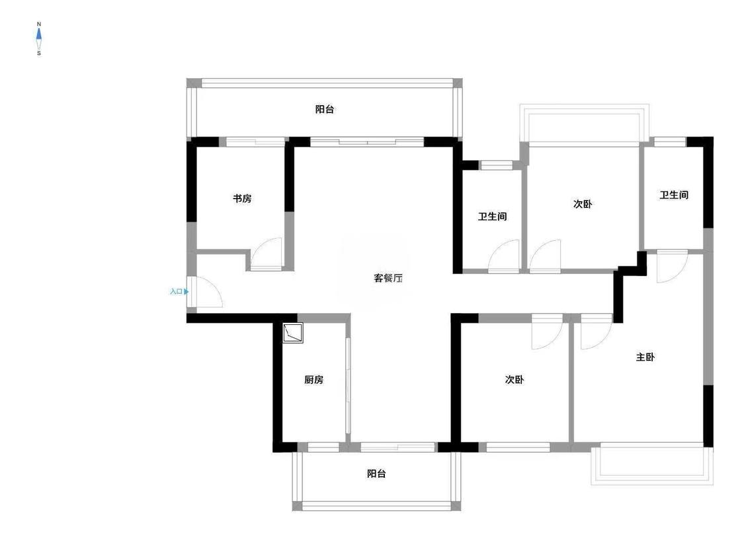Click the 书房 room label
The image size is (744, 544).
tap(242, 199)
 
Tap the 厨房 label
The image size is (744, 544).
tap(313, 380)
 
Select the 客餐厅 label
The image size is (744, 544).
tap(388, 278)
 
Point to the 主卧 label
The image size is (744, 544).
tap(645, 357)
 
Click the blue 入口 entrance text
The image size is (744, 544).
tap(176, 291)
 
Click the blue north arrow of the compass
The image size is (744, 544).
tap(39, 34)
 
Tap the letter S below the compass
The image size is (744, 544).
tap(39, 53)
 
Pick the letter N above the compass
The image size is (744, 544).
tap(39, 24)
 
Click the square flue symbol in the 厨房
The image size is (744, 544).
tap(293, 333)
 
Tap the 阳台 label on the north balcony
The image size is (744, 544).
tap(325, 109)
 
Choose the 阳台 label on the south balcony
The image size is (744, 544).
tap(376, 473)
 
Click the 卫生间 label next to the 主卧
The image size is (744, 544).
tap(674, 195)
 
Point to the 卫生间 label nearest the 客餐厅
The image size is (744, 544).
tap(492, 216)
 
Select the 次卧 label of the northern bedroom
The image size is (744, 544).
tap(583, 204)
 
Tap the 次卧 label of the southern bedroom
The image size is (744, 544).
tap(515, 380)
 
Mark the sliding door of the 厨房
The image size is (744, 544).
tap(348, 385)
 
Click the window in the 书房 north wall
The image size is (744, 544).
tap(255, 142)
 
